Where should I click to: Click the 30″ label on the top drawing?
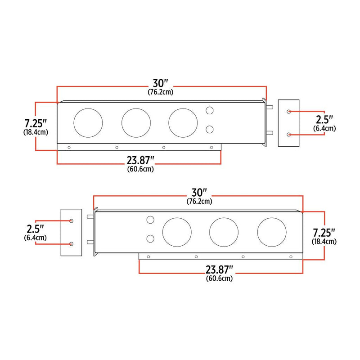tap(160, 84)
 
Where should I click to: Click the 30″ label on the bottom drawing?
tap(199, 193)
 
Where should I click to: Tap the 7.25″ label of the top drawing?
tap(35, 123)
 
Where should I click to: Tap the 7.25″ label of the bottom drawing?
tap(324, 233)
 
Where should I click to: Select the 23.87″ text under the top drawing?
tap(140, 161)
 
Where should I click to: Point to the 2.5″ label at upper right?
tap(324, 120)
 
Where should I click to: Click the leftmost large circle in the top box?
tap(88, 122)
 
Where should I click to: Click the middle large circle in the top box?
tap(135, 122)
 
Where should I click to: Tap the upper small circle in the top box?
tap(209, 110)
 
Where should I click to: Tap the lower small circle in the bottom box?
tap(151, 238)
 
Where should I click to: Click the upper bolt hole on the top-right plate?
tap(288, 111)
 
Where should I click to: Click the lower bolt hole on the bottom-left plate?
tap(72, 244)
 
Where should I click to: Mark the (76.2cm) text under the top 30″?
tap(161, 92)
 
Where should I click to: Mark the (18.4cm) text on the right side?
tap(324, 242)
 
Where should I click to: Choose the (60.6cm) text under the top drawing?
tap(140, 169)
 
